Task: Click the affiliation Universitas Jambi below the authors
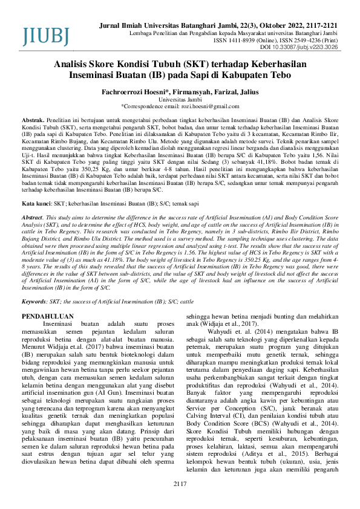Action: [180, 99]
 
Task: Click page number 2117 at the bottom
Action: [180, 484]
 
